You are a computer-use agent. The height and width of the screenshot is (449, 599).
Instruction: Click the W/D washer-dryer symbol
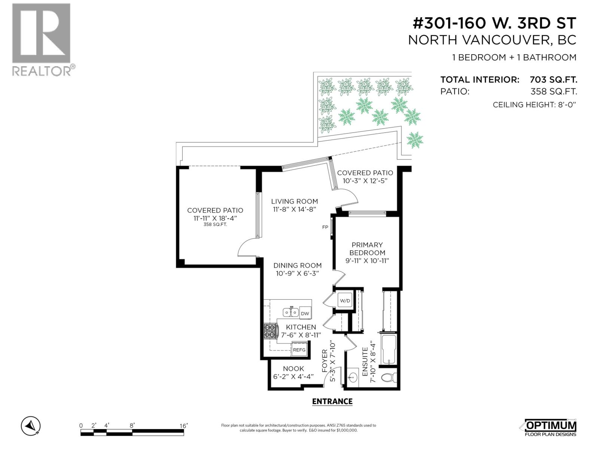point(345,300)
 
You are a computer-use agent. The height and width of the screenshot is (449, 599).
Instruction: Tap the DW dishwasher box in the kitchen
point(305,314)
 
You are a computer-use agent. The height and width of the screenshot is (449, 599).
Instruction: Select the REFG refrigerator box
point(299,350)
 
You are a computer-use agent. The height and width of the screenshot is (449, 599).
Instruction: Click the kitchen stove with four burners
point(270,331)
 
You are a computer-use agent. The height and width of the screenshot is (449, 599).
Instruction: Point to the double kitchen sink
point(291,312)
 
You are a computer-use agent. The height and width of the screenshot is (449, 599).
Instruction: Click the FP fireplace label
point(325,227)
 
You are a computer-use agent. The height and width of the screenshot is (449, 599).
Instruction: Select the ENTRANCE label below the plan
point(332,401)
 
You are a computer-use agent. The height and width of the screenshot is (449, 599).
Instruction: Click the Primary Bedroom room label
point(367,248)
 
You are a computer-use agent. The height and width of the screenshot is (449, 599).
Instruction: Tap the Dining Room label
point(298,265)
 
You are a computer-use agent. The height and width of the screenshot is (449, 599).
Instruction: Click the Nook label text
point(294,369)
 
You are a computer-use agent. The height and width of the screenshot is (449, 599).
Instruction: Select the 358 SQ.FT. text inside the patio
point(215,225)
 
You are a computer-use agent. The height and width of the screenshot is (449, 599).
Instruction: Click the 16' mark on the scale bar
point(183,426)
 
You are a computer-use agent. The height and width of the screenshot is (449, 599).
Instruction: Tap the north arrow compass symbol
point(31,426)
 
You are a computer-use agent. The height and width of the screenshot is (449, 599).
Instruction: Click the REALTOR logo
point(42,39)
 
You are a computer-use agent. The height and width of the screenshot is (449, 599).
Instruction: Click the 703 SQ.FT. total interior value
point(553,80)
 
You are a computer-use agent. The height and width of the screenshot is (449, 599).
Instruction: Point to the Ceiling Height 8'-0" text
point(534,105)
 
